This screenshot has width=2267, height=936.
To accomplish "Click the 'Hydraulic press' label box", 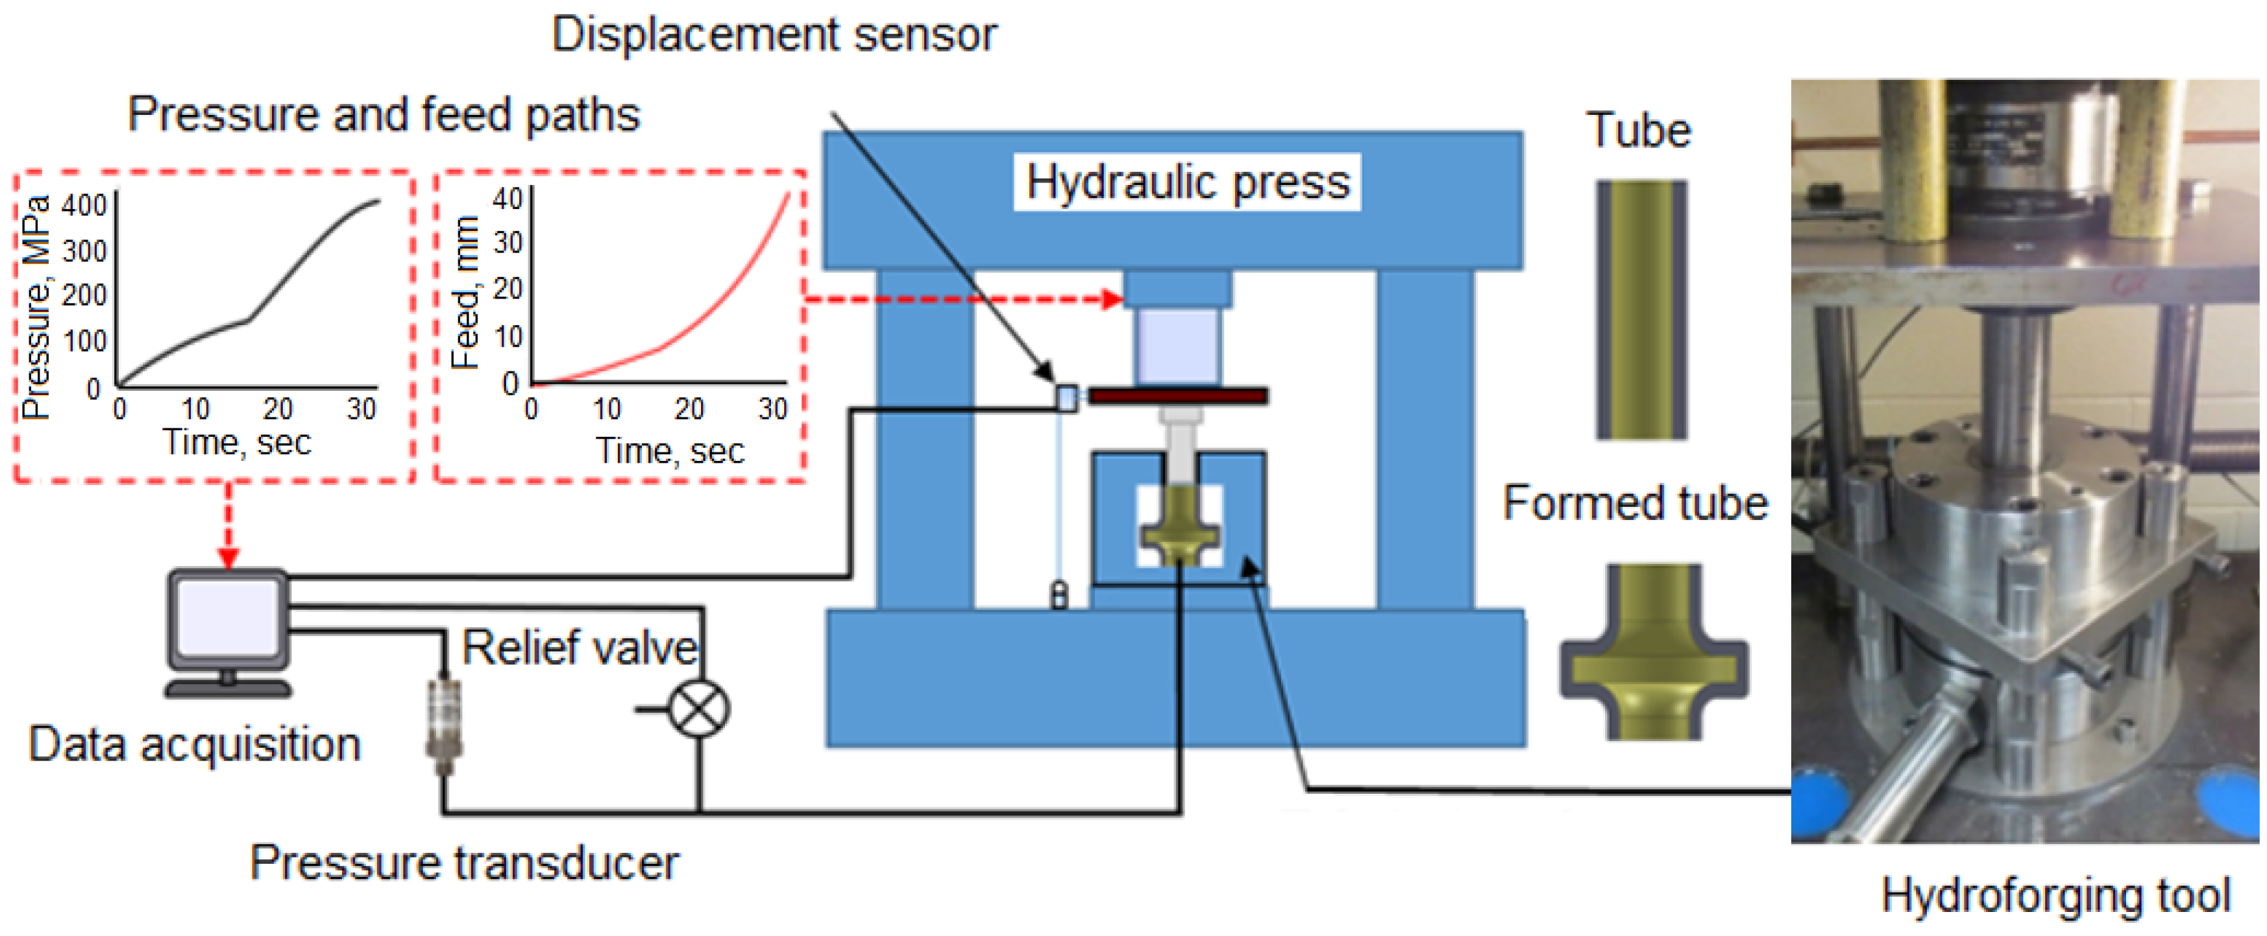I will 1186,182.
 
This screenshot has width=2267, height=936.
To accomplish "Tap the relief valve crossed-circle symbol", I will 699,708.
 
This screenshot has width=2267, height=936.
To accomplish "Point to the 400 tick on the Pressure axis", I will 84,205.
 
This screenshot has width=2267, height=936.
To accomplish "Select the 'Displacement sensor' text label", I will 774,35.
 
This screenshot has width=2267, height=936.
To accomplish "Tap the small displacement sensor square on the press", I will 1066,398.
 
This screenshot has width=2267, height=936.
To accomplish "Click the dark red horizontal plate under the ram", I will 1179,396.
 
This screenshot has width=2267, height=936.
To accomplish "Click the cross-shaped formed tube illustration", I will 1654,652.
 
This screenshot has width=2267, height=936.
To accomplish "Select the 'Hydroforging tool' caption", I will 2055,896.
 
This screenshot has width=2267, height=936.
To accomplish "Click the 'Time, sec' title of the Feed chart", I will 670,451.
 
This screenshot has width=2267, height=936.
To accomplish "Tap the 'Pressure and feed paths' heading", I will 384,114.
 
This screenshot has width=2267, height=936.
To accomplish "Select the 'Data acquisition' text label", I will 195,744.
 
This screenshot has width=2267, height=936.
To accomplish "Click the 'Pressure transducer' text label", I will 464,862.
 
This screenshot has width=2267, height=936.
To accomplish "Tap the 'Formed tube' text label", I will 1635,504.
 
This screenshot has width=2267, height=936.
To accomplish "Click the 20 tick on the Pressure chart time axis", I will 277,408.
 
